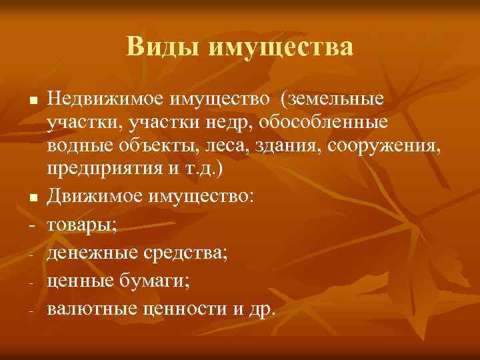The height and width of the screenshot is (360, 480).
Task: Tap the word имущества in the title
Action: [x=281, y=48]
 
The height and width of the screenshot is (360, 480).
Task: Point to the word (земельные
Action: [x=332, y=99]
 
